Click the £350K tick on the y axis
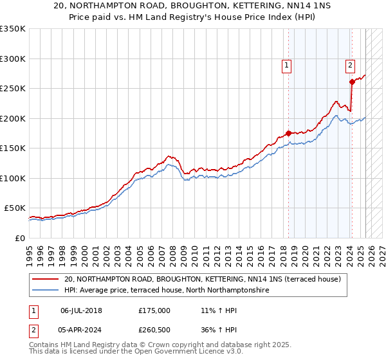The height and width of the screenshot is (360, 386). (13, 29)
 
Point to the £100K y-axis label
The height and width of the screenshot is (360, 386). (13, 178)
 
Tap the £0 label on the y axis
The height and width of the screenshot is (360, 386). (19, 238)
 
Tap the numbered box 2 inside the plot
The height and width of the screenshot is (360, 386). (350, 64)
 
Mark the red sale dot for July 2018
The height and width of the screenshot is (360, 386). (288, 133)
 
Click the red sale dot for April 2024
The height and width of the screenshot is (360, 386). (352, 82)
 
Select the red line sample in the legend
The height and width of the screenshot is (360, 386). (46, 279)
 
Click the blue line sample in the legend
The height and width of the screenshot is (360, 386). (46, 291)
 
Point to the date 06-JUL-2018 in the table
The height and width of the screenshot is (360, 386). (81, 310)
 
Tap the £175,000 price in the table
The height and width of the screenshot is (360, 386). (154, 310)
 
